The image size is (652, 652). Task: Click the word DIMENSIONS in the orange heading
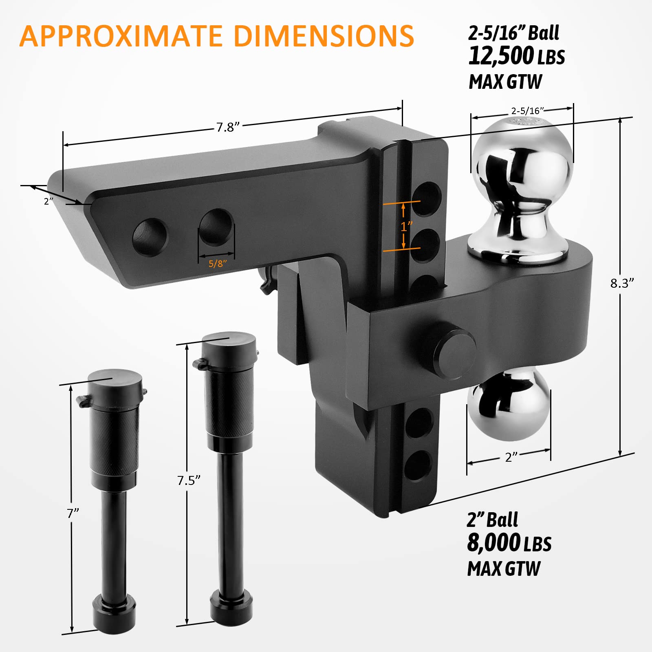pyautogui.click(x=324, y=36)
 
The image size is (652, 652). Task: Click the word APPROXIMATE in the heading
pyautogui.click(x=121, y=36)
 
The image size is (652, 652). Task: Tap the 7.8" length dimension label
pyautogui.click(x=227, y=127)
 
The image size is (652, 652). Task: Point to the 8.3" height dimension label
pyautogui.click(x=622, y=283)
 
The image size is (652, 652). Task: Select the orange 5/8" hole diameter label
pyautogui.click(x=218, y=264)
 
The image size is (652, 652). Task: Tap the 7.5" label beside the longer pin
pyautogui.click(x=189, y=480)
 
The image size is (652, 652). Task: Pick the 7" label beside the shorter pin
pyautogui.click(x=73, y=513)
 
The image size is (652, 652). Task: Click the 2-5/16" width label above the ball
pyautogui.click(x=528, y=110)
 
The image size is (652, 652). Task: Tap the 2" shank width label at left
pyautogui.click(x=48, y=201)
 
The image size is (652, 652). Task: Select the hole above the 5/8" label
pyautogui.click(x=217, y=227)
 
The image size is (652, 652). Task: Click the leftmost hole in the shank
pyautogui.click(x=150, y=237)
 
